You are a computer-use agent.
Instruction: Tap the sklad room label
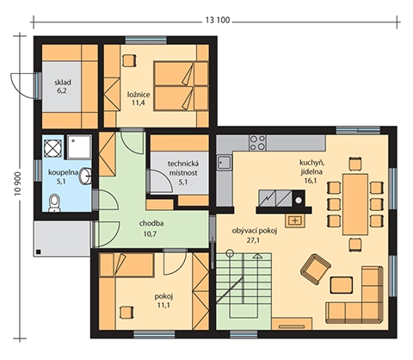[63, 83]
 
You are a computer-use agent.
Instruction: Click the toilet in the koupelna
[54, 202]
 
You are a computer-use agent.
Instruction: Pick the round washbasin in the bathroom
[85, 176]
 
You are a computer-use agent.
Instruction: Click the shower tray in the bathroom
[80, 147]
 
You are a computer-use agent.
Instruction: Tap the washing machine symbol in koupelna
[53, 148]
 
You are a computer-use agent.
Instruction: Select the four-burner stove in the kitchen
[257, 143]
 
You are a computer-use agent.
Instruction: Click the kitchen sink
[225, 163]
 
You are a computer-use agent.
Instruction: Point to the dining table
[355, 204]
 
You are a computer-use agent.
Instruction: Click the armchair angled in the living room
[315, 268]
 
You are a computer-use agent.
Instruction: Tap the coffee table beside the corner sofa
[342, 284]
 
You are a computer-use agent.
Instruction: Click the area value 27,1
[253, 240]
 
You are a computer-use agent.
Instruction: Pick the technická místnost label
[183, 169]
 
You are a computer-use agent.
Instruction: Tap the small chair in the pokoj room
[126, 312]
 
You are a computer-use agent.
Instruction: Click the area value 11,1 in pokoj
[163, 305]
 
